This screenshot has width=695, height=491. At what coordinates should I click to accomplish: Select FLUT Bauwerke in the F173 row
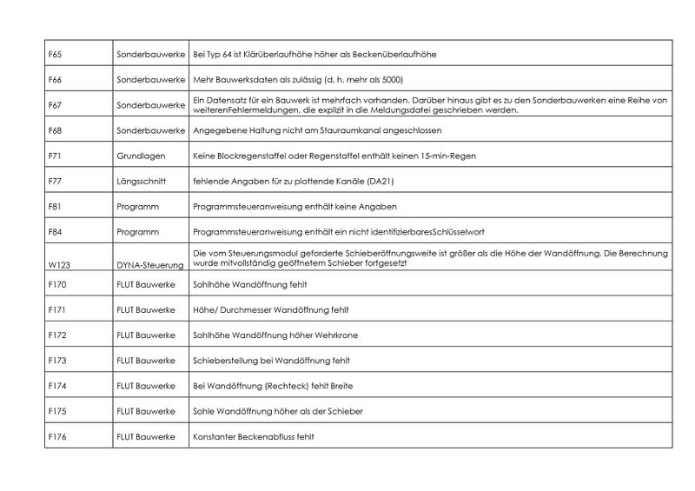tap(145, 360)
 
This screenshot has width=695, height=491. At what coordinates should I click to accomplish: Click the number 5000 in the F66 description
tap(392, 80)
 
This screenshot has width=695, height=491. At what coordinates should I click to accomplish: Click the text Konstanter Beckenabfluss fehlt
tap(247, 435)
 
